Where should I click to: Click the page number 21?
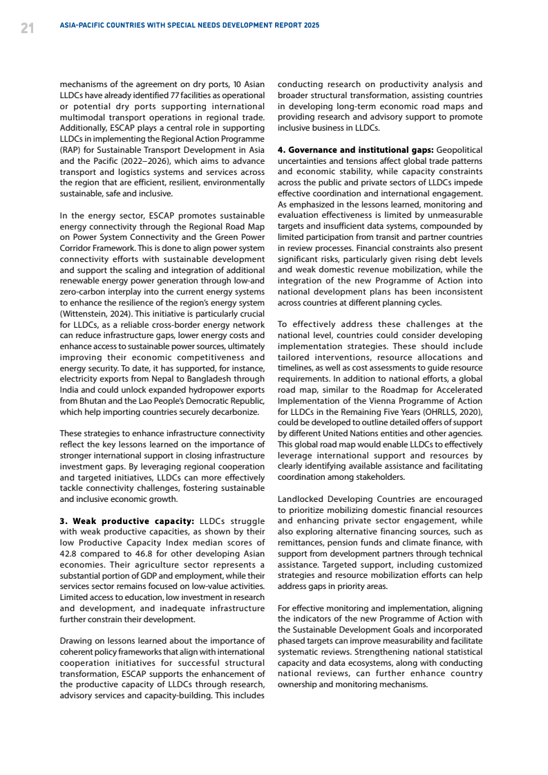click(x=27, y=28)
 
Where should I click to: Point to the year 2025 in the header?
click(x=311, y=25)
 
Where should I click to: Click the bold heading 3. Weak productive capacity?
click(x=127, y=521)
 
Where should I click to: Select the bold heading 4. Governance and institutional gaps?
click(x=355, y=149)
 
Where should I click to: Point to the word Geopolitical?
click(x=460, y=149)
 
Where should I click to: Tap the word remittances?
click(x=301, y=542)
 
